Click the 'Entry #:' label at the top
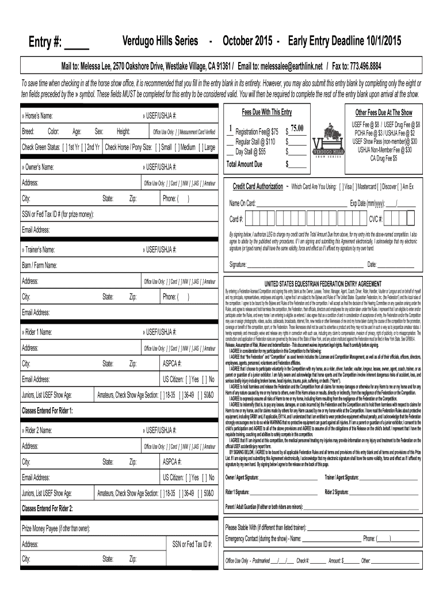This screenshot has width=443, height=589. click(x=47, y=43)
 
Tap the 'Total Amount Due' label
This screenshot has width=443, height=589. click(x=245, y=165)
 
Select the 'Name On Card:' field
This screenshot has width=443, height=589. click(x=243, y=203)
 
